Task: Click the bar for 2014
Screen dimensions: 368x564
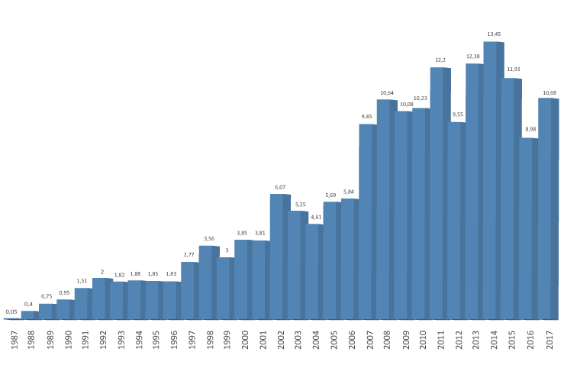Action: tap(492, 180)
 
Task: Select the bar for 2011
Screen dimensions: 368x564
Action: tap(439, 193)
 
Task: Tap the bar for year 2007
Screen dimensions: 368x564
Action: tap(367, 221)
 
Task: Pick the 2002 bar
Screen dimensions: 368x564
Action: tap(279, 257)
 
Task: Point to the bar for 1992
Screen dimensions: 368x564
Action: tap(102, 299)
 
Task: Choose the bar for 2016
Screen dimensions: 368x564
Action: tap(528, 228)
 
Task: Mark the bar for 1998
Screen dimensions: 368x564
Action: tap(208, 282)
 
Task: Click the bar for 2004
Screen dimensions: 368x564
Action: tap(314, 271)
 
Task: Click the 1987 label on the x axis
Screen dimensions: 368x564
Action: tap(13, 339)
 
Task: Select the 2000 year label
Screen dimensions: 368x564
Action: tap(244, 339)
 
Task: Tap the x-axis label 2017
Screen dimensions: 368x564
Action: tap(549, 339)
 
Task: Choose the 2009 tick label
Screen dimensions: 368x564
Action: tap(404, 339)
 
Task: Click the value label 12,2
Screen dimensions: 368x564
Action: tap(440, 60)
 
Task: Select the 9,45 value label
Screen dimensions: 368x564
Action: tap(366, 117)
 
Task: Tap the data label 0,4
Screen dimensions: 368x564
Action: tap(29, 304)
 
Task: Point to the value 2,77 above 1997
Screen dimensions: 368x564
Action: tap(189, 255)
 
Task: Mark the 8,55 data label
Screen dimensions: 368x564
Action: tap(457, 115)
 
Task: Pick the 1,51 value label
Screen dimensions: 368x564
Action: tap(82, 281)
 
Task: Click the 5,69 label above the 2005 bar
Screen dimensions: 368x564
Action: tap(330, 195)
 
